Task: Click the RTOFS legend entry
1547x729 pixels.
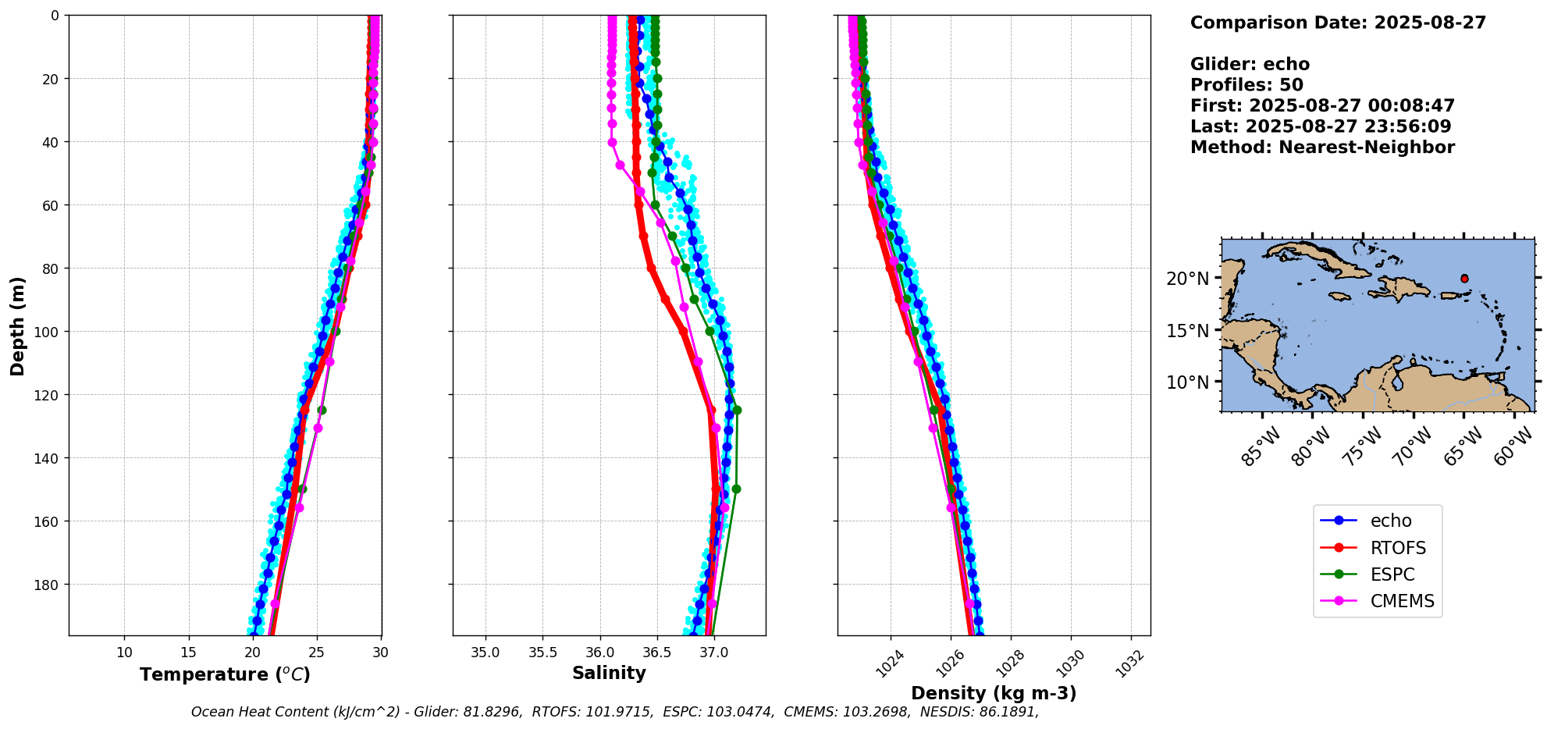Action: click(1397, 548)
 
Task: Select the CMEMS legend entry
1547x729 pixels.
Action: click(1401, 601)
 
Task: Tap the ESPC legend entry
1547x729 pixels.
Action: click(1392, 574)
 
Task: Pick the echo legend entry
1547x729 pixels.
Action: click(1390, 521)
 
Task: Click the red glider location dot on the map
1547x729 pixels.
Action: click(1464, 279)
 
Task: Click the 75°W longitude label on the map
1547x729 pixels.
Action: click(1365, 447)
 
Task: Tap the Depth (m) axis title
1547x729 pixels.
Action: click(17, 325)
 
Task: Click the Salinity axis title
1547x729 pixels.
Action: click(609, 674)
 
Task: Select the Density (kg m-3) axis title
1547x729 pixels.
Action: click(994, 693)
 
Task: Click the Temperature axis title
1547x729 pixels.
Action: click(225, 674)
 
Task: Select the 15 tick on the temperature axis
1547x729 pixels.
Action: click(188, 653)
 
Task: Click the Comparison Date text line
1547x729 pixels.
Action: click(1338, 23)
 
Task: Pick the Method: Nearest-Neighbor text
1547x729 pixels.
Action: click(1322, 148)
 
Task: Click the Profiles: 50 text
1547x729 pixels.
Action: click(1246, 85)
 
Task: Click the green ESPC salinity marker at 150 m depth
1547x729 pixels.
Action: click(735, 489)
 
